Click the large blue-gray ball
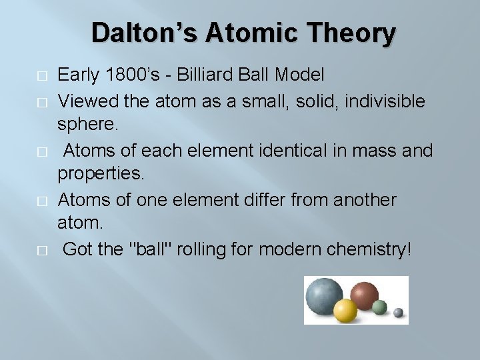tap(325, 294)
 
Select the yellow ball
tap(346, 311)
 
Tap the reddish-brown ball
tap(364, 293)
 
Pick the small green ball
tap(379, 307)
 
